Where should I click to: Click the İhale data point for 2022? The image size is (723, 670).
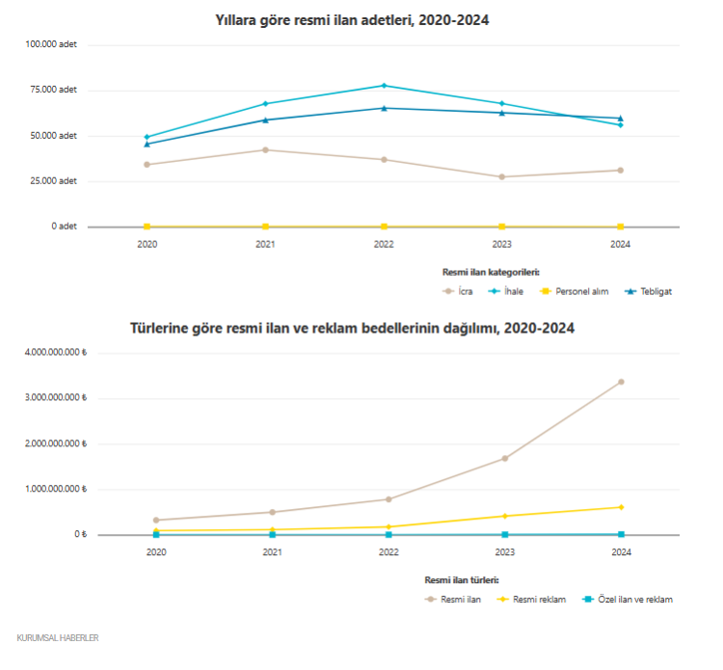click(x=384, y=86)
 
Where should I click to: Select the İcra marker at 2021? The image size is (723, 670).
click(x=265, y=149)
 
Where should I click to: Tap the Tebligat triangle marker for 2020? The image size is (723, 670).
click(x=147, y=144)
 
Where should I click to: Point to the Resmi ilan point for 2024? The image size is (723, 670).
click(x=621, y=382)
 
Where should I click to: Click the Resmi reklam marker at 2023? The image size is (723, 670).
click(x=504, y=516)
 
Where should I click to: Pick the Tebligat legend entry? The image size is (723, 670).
click(x=648, y=291)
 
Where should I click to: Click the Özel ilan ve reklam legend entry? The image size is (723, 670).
click(x=627, y=600)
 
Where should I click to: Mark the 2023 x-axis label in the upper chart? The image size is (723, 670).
click(x=502, y=245)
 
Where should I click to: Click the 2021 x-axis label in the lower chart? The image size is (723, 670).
click(x=272, y=552)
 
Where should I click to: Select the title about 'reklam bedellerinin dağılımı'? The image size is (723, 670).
click(x=352, y=328)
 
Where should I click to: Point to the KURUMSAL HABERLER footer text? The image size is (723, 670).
click(x=58, y=638)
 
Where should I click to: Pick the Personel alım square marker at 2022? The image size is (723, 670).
click(x=384, y=227)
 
